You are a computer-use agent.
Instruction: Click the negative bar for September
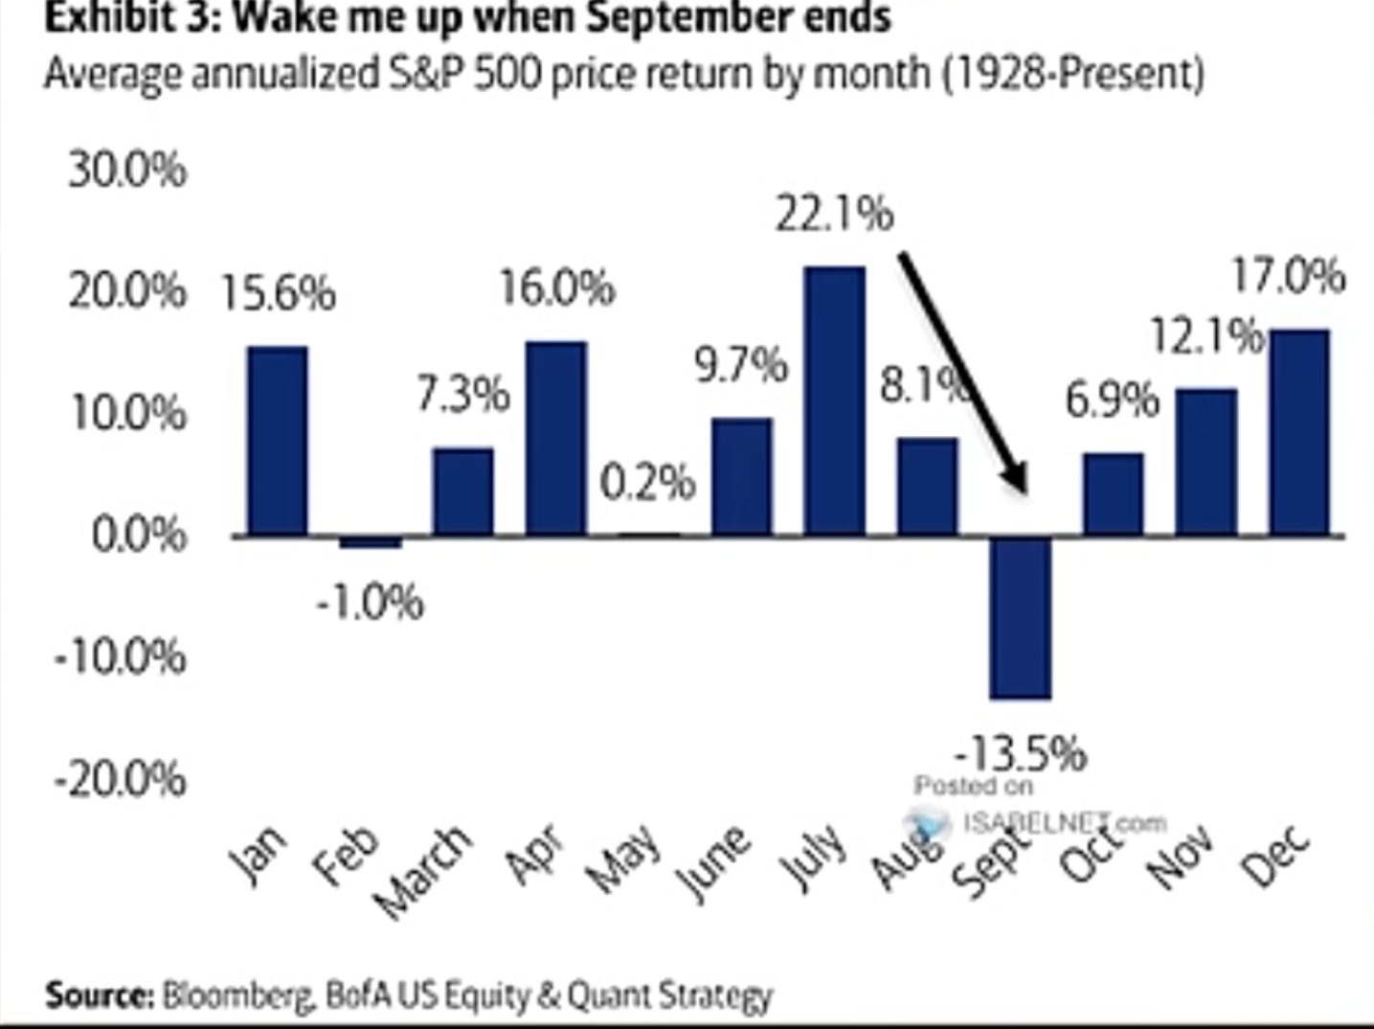click(x=1021, y=617)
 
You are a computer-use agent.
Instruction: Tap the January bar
click(x=278, y=441)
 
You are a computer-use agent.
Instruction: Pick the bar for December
click(x=1299, y=432)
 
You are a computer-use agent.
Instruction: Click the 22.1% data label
click(x=834, y=213)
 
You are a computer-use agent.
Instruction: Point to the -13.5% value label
click(x=1021, y=753)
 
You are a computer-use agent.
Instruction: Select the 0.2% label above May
click(x=647, y=482)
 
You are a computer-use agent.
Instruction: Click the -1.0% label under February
click(x=370, y=603)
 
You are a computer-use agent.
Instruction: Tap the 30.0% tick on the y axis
click(x=127, y=171)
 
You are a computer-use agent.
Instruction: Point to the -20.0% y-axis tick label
click(x=121, y=780)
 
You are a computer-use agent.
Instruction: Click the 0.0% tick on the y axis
click(x=140, y=534)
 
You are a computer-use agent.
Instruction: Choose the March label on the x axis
click(x=423, y=872)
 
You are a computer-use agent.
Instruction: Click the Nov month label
click(x=1181, y=855)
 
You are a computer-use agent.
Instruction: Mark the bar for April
click(x=556, y=438)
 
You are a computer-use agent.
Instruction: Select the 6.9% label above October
click(x=1112, y=400)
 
